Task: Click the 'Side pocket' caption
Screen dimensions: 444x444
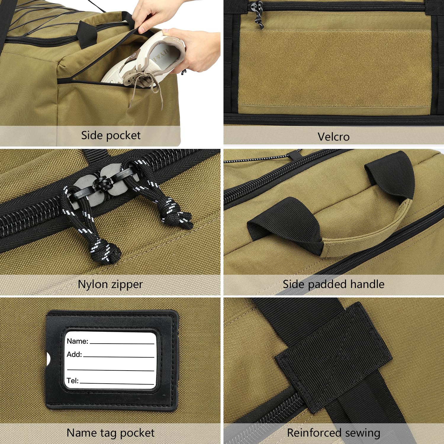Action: point(111,135)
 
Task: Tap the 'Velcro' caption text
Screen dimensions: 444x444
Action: point(334,137)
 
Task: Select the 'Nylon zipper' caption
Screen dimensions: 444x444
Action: point(110,284)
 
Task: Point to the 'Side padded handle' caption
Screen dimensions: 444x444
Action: point(334,284)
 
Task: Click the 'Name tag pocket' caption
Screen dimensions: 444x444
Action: point(110,433)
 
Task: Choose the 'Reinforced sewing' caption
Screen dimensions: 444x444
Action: point(334,433)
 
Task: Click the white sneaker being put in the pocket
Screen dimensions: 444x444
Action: point(142,62)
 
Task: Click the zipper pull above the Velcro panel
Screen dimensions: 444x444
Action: point(258,15)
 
